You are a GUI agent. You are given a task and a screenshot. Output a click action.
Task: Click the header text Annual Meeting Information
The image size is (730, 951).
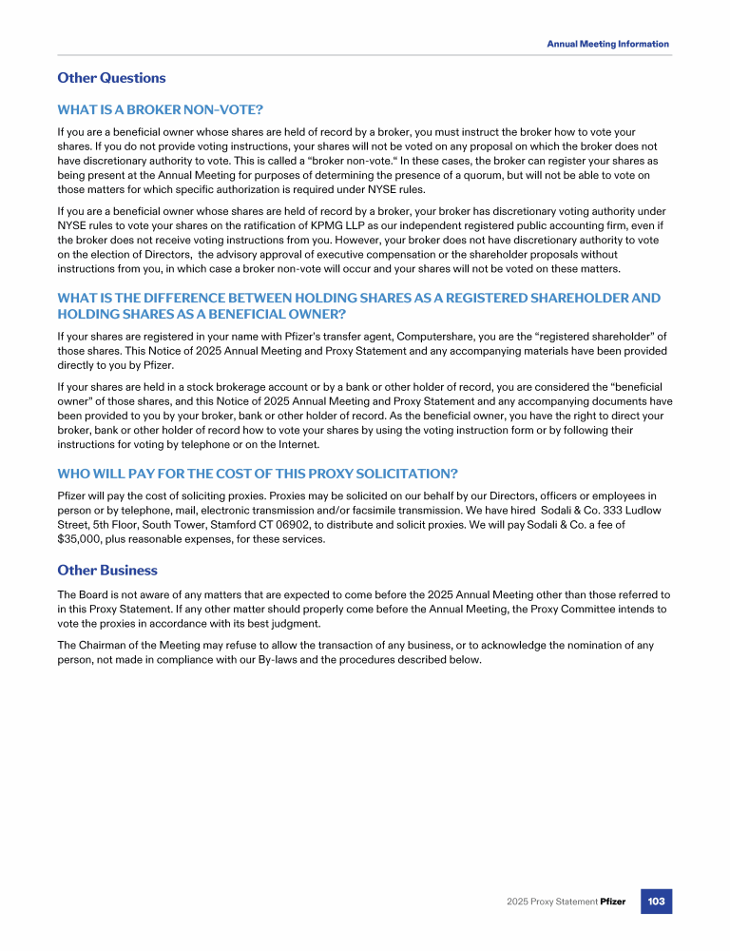point(607,44)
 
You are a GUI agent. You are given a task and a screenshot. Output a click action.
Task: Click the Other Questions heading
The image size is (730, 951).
point(111,78)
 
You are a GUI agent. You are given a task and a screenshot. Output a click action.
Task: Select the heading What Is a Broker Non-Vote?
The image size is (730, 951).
point(153,110)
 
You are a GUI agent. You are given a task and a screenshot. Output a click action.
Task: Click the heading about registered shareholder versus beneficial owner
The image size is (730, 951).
point(358,305)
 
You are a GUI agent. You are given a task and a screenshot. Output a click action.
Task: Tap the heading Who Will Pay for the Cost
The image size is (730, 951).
point(258,474)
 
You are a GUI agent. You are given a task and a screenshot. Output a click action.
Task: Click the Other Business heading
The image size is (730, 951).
point(107,571)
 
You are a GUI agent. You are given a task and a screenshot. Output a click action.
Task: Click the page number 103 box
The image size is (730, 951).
point(656,901)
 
